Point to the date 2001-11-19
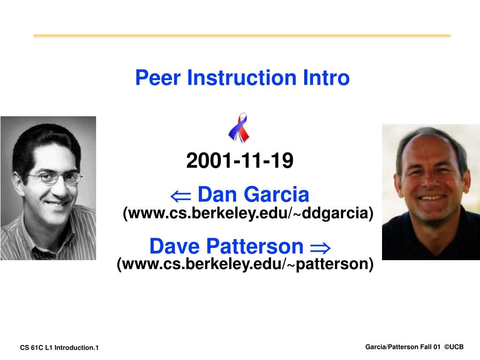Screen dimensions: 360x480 pyautogui.click(x=240, y=161)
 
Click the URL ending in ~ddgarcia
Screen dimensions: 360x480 pyautogui.click(x=248, y=214)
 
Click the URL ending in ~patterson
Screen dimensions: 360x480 pyautogui.click(x=245, y=264)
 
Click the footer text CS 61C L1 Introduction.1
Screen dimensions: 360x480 pyautogui.click(x=60, y=347)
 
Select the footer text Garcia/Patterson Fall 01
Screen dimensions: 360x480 pyautogui.click(x=403, y=347)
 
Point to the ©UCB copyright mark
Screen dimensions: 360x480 pyautogui.click(x=454, y=347)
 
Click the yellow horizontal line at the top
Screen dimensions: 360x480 pyautogui.click(x=241, y=36)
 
